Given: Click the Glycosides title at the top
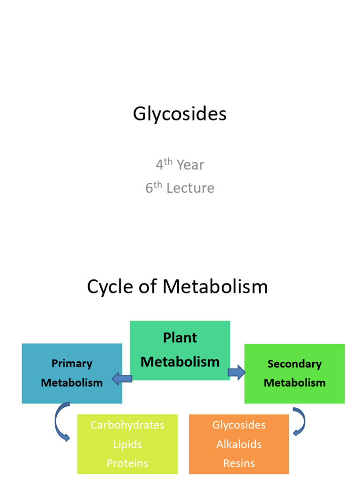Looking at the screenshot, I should [x=180, y=114].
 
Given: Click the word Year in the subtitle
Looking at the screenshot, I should [x=190, y=165].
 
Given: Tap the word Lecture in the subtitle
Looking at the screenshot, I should [x=190, y=188].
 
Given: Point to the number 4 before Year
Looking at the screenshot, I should [x=159, y=165].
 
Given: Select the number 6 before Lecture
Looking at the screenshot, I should [x=149, y=188].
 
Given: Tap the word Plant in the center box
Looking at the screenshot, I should [x=180, y=337].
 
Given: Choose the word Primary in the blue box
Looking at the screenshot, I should [x=72, y=363].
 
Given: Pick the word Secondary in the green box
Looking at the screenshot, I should [x=294, y=364].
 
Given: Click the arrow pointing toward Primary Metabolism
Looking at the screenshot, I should [x=121, y=378].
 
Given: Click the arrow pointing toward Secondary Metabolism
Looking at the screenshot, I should [x=237, y=373].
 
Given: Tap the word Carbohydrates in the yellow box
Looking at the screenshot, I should [x=127, y=425].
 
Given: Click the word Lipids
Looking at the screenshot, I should [x=127, y=444].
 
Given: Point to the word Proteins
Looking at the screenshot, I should [x=127, y=463].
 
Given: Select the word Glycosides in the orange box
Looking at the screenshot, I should [x=239, y=425].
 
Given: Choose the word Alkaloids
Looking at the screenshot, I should [x=239, y=444].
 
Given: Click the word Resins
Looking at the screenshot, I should [x=239, y=463].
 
